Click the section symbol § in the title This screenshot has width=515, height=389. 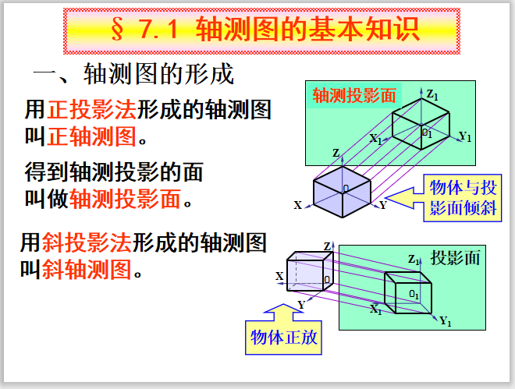click(x=118, y=29)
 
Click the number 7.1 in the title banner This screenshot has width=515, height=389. click(x=158, y=30)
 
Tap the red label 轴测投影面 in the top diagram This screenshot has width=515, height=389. click(x=354, y=96)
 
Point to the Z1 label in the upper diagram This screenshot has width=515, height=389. click(x=432, y=95)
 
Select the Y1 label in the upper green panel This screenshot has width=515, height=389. click(x=465, y=136)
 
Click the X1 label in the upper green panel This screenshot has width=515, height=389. click(x=375, y=139)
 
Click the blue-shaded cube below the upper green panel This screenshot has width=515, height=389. click(x=343, y=192)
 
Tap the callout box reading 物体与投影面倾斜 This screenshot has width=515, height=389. click(x=463, y=198)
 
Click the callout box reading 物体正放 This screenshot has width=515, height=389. click(x=283, y=338)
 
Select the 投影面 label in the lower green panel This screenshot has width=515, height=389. click(x=455, y=258)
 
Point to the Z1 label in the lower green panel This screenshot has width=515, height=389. click(x=414, y=260)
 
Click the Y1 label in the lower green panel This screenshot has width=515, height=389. click(x=446, y=320)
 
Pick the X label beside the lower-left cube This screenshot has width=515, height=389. click(x=279, y=276)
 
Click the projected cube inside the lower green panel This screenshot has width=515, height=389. click(x=407, y=292)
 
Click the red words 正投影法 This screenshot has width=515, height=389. click(x=91, y=109)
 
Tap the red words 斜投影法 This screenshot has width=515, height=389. click(x=87, y=242)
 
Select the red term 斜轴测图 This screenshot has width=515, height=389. click(x=87, y=269)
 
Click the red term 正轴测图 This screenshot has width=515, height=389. click(x=91, y=136)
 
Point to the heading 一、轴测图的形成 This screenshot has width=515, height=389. click(x=133, y=74)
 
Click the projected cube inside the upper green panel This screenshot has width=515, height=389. click(x=421, y=124)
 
